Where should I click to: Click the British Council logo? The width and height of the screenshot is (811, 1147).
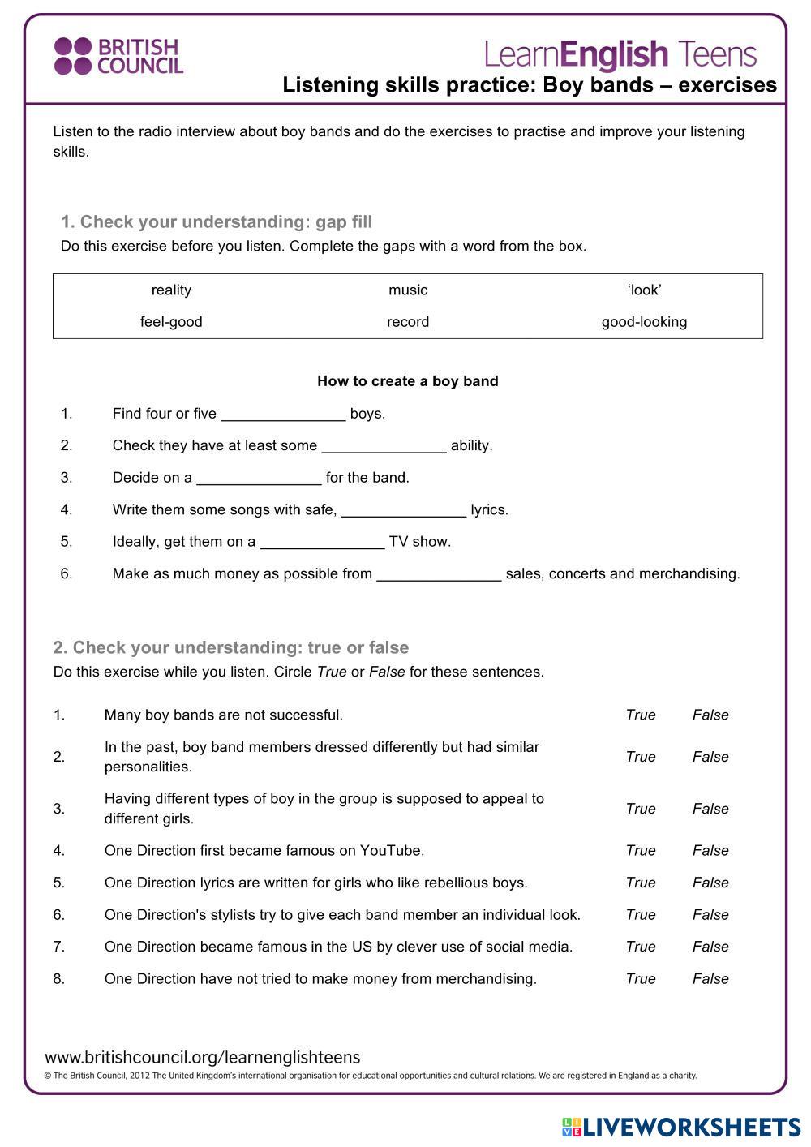click(118, 56)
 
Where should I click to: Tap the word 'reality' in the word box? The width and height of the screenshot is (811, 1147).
click(171, 290)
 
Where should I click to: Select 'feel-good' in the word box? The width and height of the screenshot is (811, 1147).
click(171, 321)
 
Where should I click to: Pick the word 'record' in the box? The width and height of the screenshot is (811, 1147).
click(408, 321)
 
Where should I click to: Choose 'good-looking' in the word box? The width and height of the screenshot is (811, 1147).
click(644, 321)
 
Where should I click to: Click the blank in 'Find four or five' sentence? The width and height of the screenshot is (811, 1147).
click(283, 415)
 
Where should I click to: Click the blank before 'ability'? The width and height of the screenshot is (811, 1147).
click(384, 446)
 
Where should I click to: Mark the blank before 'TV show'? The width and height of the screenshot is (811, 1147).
click(322, 543)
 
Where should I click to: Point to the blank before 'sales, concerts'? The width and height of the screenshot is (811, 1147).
click(439, 574)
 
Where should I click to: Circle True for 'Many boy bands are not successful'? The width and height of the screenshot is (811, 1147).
click(641, 715)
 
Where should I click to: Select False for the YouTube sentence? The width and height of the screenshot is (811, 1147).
click(710, 850)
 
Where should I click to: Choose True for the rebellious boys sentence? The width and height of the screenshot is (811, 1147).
click(641, 883)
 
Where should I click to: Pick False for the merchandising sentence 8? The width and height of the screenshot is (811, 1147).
click(710, 978)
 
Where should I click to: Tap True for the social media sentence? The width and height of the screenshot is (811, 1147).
click(641, 947)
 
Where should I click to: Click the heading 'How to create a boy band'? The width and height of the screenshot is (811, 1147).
click(407, 381)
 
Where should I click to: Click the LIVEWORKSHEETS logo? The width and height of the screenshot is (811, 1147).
click(681, 1127)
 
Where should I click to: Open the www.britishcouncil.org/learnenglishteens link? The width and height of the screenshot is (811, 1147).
click(203, 1057)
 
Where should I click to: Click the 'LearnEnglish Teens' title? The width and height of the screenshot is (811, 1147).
click(620, 54)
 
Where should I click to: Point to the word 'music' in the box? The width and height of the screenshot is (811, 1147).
click(408, 290)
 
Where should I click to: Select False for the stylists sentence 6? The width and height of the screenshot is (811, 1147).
click(710, 914)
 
